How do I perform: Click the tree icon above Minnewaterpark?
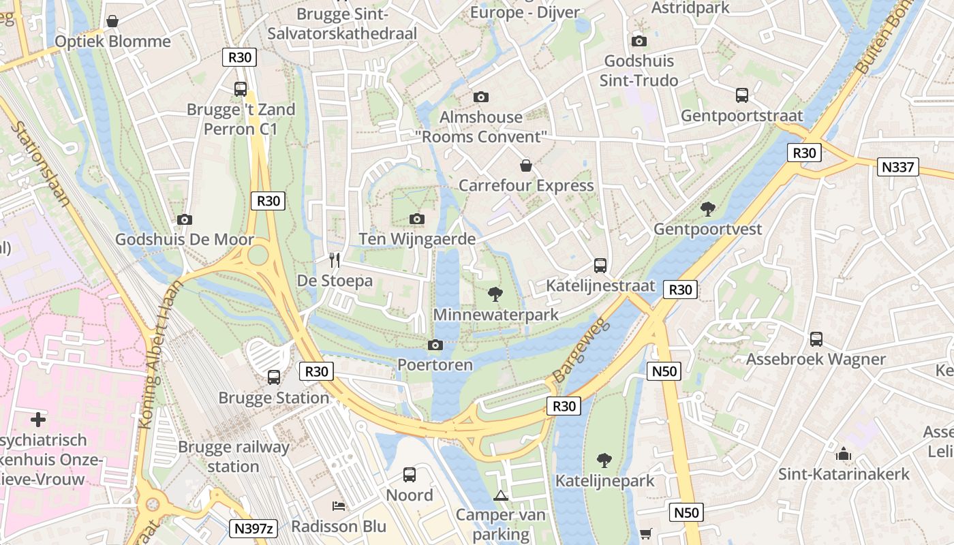coord(495,294)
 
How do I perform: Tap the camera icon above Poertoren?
coord(435,345)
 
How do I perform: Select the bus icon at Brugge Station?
coord(274,377)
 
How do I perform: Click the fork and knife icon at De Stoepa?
coord(335,260)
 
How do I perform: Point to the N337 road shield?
coord(899,167)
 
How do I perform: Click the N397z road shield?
coord(254,528)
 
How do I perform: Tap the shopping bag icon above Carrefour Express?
coord(525,166)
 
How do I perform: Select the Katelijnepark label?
coord(604,481)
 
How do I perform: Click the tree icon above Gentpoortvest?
coord(708,208)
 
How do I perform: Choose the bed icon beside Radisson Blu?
coord(339,505)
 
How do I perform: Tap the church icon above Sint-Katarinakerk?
coord(844,454)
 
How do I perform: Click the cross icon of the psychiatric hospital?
coord(38,420)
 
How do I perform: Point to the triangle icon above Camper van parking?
coord(501,495)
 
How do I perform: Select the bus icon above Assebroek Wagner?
coord(816,339)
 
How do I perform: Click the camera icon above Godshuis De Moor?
coord(184,219)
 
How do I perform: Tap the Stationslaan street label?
coord(41,163)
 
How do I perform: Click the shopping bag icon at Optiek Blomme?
coord(112,21)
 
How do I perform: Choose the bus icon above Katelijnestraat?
coord(600,265)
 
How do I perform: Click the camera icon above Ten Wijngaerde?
coord(417,219)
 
